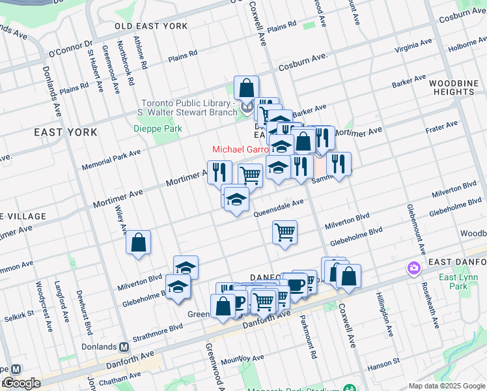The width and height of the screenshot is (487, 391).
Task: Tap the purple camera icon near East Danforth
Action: [413, 268]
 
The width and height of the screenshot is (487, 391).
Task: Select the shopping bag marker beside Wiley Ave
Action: [139, 244]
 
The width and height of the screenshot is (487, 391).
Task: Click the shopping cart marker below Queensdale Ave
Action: [285, 232]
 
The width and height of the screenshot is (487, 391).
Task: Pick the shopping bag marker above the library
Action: [246, 88]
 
